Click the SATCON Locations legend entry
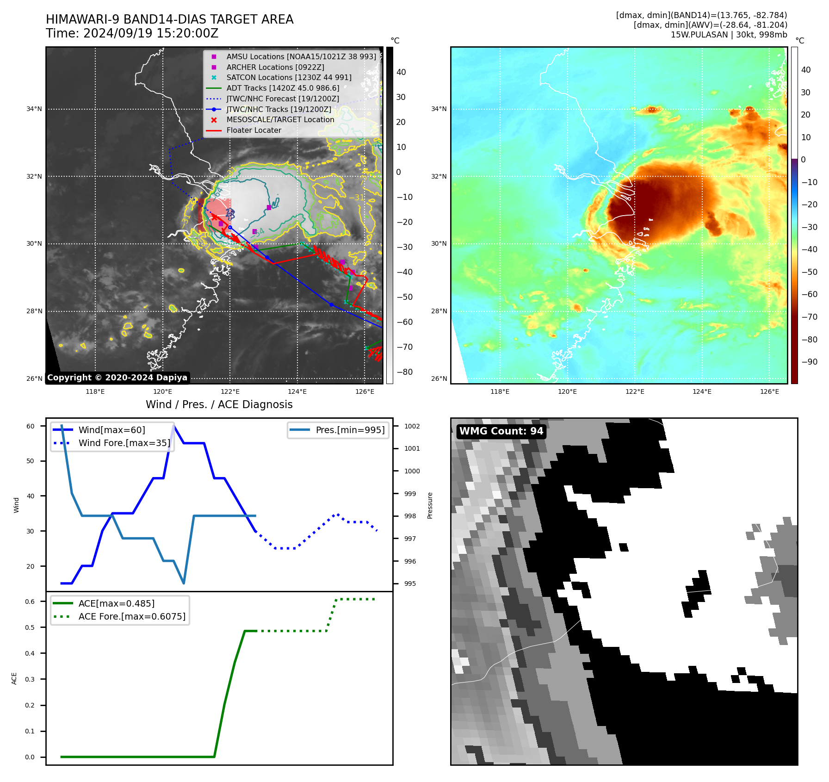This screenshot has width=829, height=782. pos(289,78)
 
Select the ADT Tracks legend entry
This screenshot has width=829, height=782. pos(283,88)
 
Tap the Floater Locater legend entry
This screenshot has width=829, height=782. pos(254,130)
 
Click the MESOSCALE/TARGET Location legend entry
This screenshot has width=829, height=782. pos(280,120)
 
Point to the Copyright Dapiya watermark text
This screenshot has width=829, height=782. pos(117,378)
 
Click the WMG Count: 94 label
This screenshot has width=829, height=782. pos(501,431)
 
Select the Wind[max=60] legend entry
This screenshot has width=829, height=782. pos(111,430)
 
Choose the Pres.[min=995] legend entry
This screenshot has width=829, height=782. pos(350,430)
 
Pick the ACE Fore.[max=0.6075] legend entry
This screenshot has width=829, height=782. pos(131,617)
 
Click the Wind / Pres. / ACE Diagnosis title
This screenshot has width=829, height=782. pos(219,405)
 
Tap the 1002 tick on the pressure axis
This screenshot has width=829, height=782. pos(412,426)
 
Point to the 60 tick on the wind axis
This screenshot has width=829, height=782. pos(31,426)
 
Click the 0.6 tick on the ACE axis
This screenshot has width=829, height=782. pos(30,602)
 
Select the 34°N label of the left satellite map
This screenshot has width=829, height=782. pos(34,109)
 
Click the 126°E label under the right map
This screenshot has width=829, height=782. pos(769,392)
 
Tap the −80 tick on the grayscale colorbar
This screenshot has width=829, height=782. pos(404,372)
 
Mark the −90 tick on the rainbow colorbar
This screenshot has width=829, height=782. pos(809,362)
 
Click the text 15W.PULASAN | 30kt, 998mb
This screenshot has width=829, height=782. pos(729,35)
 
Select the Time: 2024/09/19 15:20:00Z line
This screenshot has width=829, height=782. pos(132,34)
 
